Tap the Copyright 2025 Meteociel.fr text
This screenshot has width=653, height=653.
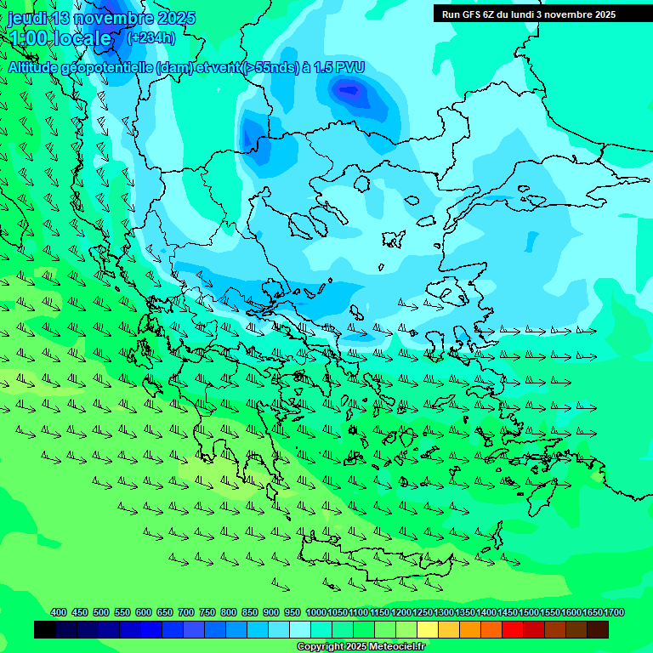361,647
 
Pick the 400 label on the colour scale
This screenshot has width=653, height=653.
59,612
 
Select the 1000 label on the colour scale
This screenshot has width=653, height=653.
315,612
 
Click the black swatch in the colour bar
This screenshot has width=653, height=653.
45,630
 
